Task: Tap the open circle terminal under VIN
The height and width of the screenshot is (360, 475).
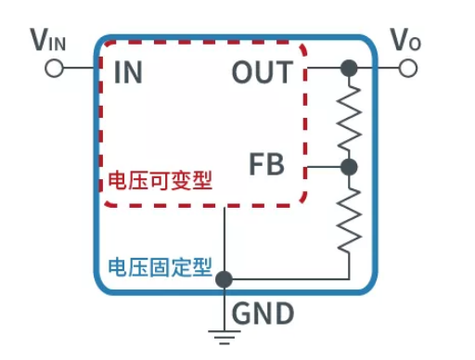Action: click(x=55, y=69)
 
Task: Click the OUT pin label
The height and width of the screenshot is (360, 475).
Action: click(x=262, y=72)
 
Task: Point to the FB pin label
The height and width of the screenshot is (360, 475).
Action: click(x=266, y=167)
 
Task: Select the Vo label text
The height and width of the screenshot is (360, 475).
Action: click(x=406, y=40)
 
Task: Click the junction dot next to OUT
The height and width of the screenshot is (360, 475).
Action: click(x=349, y=69)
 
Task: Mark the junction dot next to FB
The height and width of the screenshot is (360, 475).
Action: click(x=349, y=167)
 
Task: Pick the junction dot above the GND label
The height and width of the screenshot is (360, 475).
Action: click(x=224, y=277)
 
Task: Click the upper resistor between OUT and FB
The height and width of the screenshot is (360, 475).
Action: click(x=349, y=117)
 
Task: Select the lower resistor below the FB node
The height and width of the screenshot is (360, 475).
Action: click(x=349, y=219)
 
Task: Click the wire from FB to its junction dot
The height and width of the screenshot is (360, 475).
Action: click(x=325, y=167)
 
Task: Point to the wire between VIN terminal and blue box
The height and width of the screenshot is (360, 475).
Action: click(x=79, y=69)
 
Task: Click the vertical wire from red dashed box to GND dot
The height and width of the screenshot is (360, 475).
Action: click(x=224, y=237)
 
